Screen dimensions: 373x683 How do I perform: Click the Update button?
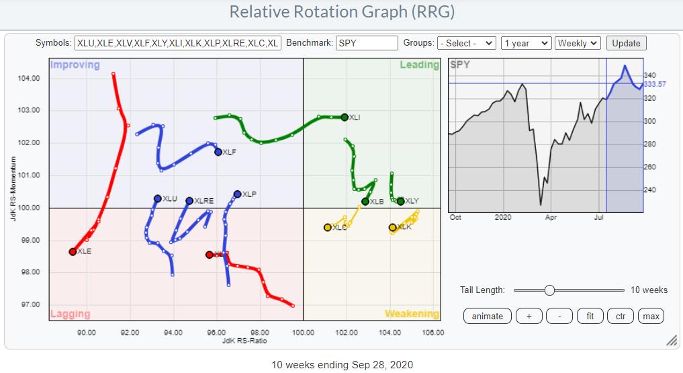(x=626, y=43)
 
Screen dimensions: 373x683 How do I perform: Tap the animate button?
(x=488, y=316)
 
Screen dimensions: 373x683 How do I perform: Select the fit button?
(x=590, y=316)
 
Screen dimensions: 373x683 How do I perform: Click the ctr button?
(x=621, y=316)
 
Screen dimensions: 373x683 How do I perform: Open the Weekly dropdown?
(x=577, y=43)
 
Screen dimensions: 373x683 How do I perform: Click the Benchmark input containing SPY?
(x=367, y=43)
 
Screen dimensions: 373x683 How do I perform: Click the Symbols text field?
(x=178, y=43)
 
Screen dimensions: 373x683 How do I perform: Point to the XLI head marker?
(x=345, y=117)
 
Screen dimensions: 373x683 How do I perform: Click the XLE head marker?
(x=73, y=251)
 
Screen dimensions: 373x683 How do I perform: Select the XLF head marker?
(x=218, y=152)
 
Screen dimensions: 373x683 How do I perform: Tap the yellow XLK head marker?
(x=393, y=227)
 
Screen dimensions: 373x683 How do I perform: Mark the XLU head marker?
(x=158, y=198)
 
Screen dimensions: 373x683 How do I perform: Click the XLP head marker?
(x=237, y=194)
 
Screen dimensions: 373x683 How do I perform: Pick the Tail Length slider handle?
(x=549, y=290)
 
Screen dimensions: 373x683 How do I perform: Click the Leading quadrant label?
(x=419, y=65)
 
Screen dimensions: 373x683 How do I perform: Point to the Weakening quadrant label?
(x=412, y=314)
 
